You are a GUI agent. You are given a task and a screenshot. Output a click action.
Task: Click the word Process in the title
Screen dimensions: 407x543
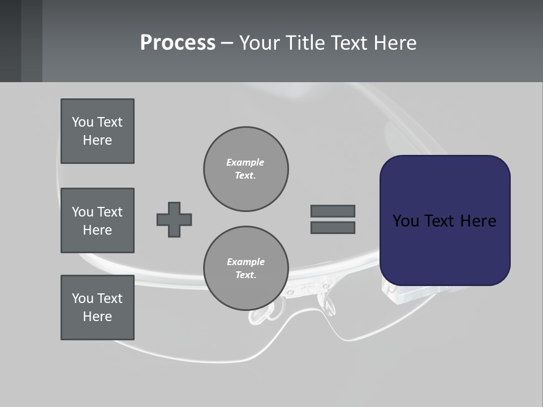(178, 43)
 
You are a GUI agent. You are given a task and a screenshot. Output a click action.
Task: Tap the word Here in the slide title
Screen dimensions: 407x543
(395, 43)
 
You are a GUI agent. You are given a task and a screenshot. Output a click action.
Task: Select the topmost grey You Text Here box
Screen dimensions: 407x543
(97, 131)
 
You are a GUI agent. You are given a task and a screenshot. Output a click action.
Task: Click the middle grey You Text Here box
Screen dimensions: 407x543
(97, 220)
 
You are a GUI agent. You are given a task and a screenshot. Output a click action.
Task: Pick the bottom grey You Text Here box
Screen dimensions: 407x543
(97, 308)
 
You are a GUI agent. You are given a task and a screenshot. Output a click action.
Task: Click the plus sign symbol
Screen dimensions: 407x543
(174, 219)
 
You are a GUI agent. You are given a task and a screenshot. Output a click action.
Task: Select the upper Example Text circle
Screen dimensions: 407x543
(245, 168)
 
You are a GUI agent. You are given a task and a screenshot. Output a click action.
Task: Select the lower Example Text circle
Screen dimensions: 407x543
(245, 268)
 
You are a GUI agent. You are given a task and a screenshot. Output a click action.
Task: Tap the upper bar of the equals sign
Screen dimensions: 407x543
(333, 211)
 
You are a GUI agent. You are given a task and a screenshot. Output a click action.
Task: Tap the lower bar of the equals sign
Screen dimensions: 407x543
(333, 227)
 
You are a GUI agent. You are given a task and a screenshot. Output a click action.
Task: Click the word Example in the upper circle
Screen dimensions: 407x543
(245, 162)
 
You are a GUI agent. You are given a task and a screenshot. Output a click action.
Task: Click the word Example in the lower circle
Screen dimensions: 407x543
(245, 262)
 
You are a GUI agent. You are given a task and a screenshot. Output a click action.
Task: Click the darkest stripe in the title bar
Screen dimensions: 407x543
(10, 41)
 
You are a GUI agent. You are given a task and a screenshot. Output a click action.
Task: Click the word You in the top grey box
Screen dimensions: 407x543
(82, 122)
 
